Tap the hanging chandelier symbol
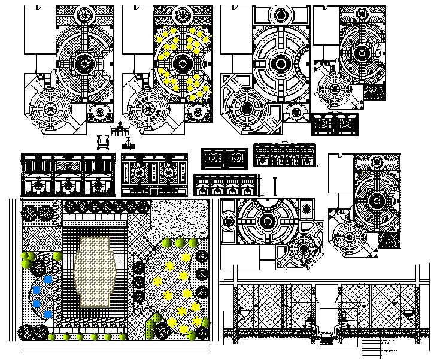click(x=128, y=144)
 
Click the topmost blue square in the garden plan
click(x=47, y=278)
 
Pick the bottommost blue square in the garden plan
click(x=47, y=316)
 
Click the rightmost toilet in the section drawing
click(x=408, y=313)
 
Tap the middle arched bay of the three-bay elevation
click(x=66, y=175)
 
